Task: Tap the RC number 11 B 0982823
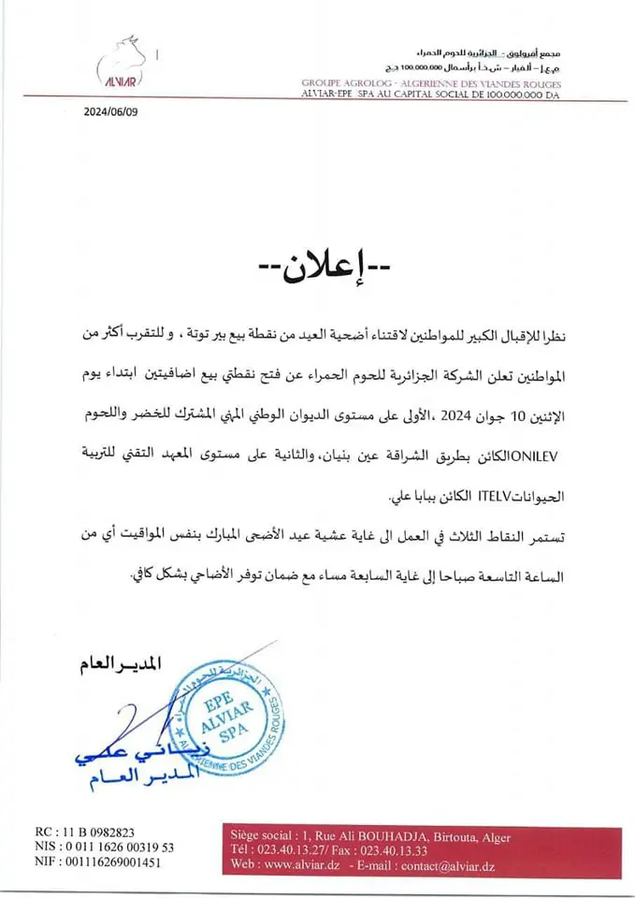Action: click(x=98, y=832)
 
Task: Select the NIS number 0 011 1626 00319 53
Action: click(x=116, y=847)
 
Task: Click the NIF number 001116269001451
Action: click(x=108, y=862)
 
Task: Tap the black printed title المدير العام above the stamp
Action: click(x=114, y=663)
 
